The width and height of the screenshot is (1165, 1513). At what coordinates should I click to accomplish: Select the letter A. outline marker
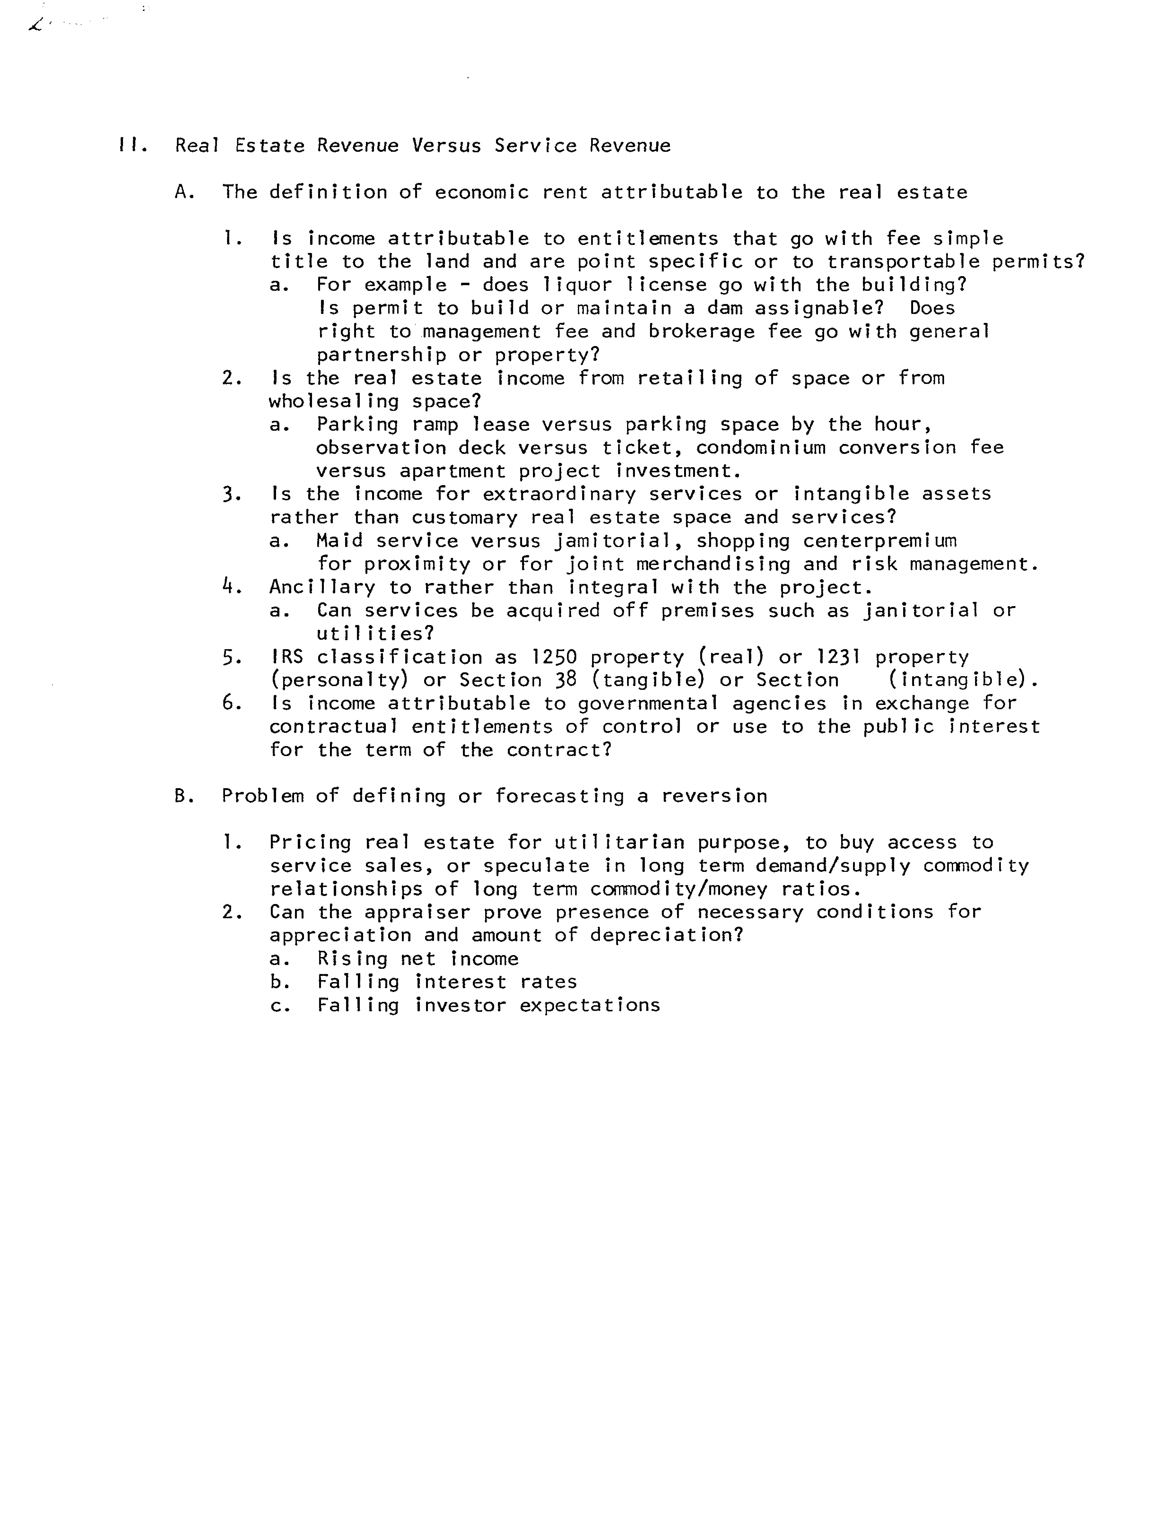point(184,192)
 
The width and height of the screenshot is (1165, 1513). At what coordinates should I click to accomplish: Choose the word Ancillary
point(321,587)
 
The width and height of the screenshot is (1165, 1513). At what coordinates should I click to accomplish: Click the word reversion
point(714,796)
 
